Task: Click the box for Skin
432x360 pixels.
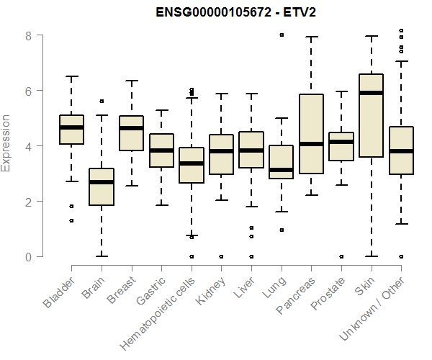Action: point(371,115)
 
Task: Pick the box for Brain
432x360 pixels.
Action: point(102,187)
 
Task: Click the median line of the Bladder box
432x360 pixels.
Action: point(71,127)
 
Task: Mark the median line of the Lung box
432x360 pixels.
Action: point(281,170)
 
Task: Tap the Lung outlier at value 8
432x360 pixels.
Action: point(281,35)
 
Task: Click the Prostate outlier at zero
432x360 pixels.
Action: point(341,256)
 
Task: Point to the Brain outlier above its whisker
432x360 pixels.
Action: point(102,102)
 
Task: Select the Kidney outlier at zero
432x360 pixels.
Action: point(221,256)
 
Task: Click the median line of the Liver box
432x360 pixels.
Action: point(251,150)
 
